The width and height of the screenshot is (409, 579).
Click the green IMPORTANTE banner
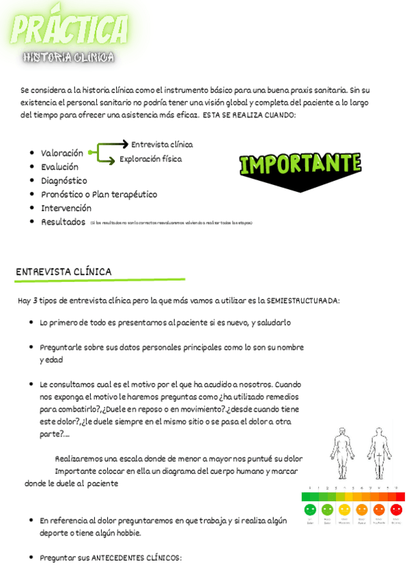click(x=300, y=165)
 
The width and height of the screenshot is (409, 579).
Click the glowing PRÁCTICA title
click(x=70, y=29)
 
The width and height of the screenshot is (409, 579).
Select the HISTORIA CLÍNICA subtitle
click(x=68, y=57)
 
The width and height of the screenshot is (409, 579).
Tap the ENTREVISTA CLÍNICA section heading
click(x=64, y=272)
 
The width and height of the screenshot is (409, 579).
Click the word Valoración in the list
click(x=61, y=153)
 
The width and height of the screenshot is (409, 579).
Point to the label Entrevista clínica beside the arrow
click(x=162, y=144)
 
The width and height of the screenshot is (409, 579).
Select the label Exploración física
click(x=150, y=158)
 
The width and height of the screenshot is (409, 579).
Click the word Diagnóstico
click(x=64, y=180)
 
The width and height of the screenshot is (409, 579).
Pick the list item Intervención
click(x=66, y=208)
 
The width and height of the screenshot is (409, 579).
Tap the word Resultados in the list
click(x=63, y=222)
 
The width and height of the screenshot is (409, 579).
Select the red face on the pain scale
click(x=396, y=509)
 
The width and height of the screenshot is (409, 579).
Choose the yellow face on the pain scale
click(x=344, y=509)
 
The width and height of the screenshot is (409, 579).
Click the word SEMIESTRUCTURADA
click(x=302, y=300)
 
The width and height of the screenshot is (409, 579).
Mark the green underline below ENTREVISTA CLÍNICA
click(x=100, y=280)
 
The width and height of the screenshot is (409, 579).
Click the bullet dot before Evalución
click(x=32, y=167)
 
